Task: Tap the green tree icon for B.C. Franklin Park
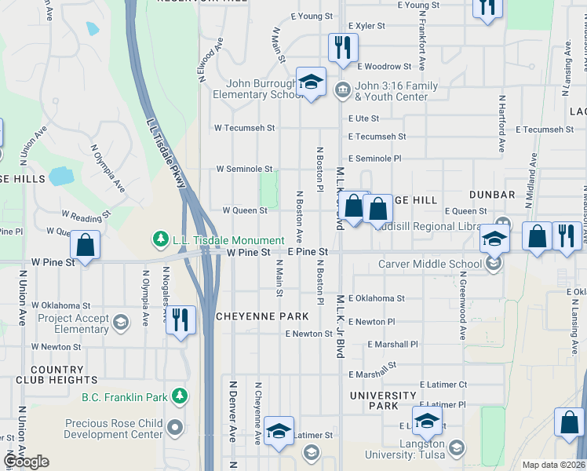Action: pyautogui.click(x=181, y=396)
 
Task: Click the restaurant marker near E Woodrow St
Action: pyautogui.click(x=341, y=48)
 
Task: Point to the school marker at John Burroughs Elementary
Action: pyautogui.click(x=311, y=82)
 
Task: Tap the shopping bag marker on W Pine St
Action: pyautogui.click(x=85, y=244)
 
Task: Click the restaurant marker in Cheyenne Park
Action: pyautogui.click(x=180, y=319)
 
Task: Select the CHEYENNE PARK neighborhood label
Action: pyautogui.click(x=262, y=316)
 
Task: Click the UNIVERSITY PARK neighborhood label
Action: pyautogui.click(x=384, y=401)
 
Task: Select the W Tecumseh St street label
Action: pyautogui.click(x=245, y=128)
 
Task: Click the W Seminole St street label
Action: pyautogui.click(x=244, y=169)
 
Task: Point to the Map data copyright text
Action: pyautogui.click(x=554, y=465)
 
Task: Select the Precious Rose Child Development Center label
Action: pyautogui.click(x=115, y=429)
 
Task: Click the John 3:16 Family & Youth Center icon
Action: pyautogui.click(x=343, y=88)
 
